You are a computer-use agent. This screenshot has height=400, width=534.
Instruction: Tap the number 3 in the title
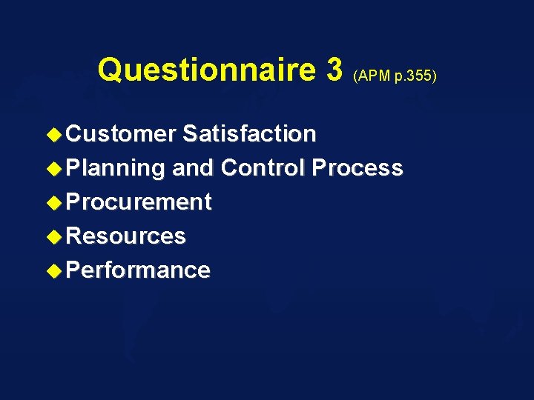point(333,70)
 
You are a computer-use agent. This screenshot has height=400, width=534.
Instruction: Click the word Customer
point(121,134)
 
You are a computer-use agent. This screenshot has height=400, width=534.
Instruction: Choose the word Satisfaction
point(249,134)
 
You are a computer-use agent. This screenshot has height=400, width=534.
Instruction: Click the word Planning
point(115,168)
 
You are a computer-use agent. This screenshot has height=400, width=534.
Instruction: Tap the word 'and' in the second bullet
point(193,168)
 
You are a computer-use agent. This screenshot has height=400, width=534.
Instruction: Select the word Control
point(263,168)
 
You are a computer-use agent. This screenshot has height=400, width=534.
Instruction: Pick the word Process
point(357,168)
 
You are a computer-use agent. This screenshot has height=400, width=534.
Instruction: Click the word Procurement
point(139,202)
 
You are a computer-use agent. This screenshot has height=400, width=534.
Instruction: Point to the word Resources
point(125,236)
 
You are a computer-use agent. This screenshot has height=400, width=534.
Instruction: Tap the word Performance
point(138,270)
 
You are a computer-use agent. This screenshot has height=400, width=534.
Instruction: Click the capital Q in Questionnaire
point(111,70)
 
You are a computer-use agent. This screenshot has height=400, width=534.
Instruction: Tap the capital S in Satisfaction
point(189,134)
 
